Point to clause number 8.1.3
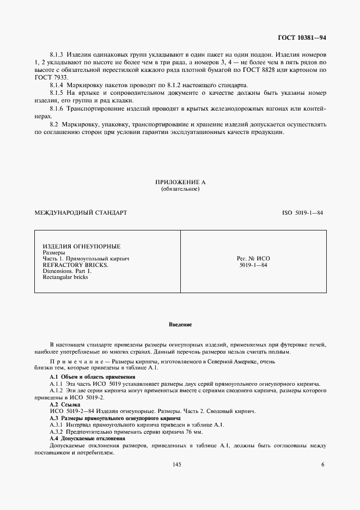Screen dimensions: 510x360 coord(57,56)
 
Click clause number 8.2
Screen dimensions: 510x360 coord(54,125)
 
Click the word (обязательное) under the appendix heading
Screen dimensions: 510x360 coord(180,189)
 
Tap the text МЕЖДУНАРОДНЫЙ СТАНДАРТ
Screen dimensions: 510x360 coord(80,212)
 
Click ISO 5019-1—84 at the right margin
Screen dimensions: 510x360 coord(303,212)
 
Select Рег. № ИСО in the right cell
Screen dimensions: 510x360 coord(253,259)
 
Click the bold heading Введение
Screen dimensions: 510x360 coord(180,325)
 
